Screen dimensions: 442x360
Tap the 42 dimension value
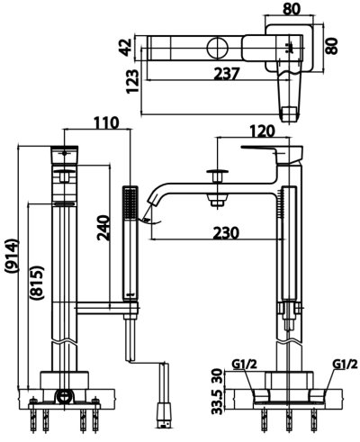coord(127,44)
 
